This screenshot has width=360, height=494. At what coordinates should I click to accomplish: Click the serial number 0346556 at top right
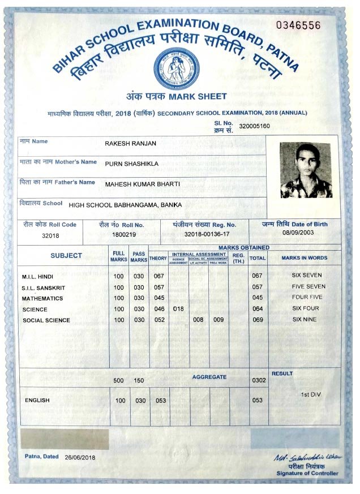(x=298, y=25)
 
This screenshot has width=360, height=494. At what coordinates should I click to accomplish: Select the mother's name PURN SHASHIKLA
(x=131, y=164)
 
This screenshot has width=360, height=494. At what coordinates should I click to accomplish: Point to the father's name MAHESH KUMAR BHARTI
(x=142, y=184)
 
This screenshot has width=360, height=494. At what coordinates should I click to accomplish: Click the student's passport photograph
(x=306, y=170)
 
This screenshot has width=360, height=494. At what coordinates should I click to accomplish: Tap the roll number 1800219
(x=124, y=234)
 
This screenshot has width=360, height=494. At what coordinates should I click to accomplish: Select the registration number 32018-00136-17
(x=207, y=234)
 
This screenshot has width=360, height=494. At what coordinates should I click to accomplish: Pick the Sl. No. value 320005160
(x=255, y=126)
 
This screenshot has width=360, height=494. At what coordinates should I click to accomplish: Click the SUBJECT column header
(x=66, y=256)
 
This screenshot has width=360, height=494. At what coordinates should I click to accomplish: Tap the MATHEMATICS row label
(x=42, y=298)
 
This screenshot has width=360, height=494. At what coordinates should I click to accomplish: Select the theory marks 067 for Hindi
(x=158, y=276)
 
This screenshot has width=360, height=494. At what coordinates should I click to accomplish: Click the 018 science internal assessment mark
(x=178, y=309)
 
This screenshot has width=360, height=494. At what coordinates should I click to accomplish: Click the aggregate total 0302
(x=258, y=380)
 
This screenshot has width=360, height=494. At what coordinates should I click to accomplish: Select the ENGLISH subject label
(x=37, y=401)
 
